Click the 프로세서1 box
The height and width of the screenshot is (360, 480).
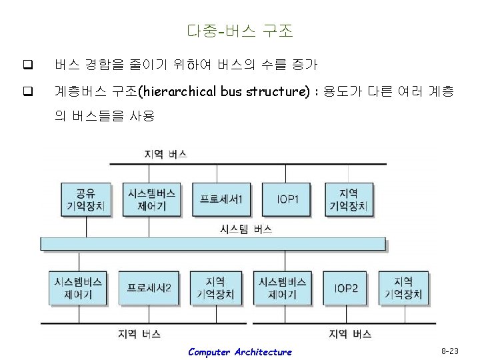pos(222,199)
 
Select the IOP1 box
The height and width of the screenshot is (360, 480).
pos(287,199)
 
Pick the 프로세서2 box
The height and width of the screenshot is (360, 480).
pos(149,288)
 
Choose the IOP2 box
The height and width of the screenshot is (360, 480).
pos(346,288)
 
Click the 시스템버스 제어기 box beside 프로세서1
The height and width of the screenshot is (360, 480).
pos(152,199)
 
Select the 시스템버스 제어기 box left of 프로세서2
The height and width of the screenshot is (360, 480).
pos(78,288)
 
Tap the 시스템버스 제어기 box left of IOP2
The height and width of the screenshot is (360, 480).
pos(282,288)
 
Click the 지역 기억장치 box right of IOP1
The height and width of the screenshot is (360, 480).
pos(348,199)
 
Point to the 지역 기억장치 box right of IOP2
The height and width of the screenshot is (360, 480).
pos(403,288)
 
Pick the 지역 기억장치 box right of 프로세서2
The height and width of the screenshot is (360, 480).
pos(215,288)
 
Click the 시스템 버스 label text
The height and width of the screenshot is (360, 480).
pos(246,229)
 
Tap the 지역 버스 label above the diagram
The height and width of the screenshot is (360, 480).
pos(165,153)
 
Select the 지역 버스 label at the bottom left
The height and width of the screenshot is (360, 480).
pos(139,333)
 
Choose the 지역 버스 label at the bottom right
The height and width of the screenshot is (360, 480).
pos(350,333)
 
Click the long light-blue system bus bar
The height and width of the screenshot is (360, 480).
pos(213,243)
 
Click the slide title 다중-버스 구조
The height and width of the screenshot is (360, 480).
pos(239,31)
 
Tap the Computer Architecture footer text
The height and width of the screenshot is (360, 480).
pos(239,352)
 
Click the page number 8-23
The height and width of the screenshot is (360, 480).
pos(449,350)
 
